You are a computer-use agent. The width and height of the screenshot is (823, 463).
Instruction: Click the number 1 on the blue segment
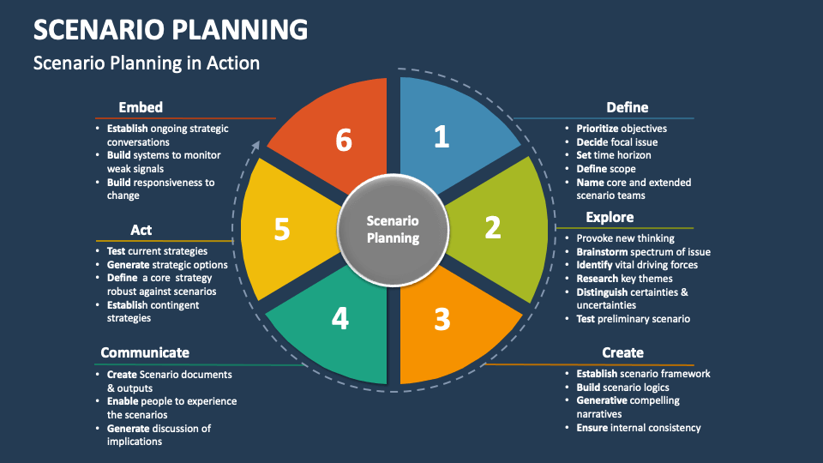click(x=441, y=136)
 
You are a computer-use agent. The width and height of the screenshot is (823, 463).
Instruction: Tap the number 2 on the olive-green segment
click(x=492, y=227)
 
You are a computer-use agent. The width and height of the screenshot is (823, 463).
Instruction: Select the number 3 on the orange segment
click(x=442, y=319)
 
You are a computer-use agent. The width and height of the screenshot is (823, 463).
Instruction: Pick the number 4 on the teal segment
click(x=340, y=319)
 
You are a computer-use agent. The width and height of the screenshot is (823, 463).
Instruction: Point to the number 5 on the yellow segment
click(x=282, y=229)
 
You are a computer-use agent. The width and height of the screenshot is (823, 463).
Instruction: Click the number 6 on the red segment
click(x=344, y=140)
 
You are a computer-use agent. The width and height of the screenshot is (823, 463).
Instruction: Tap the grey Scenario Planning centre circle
click(x=393, y=229)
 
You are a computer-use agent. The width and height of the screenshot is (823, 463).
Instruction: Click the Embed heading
click(x=141, y=107)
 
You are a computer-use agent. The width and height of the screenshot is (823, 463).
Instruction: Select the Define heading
click(x=627, y=107)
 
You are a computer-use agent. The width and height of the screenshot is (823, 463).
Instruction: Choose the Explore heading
click(x=610, y=217)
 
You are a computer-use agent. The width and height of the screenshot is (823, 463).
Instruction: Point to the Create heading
click(x=622, y=352)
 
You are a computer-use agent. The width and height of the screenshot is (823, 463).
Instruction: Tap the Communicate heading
click(x=145, y=352)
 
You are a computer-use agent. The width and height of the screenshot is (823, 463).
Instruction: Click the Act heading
click(x=141, y=230)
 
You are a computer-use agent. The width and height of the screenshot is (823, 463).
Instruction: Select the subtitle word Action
click(x=231, y=63)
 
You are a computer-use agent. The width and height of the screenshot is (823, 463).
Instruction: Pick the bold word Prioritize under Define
click(x=598, y=129)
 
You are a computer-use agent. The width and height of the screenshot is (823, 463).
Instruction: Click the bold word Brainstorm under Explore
click(x=604, y=252)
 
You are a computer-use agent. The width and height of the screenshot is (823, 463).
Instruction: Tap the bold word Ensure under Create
click(x=592, y=428)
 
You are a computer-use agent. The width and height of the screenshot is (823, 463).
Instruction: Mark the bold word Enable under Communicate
click(x=123, y=401)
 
